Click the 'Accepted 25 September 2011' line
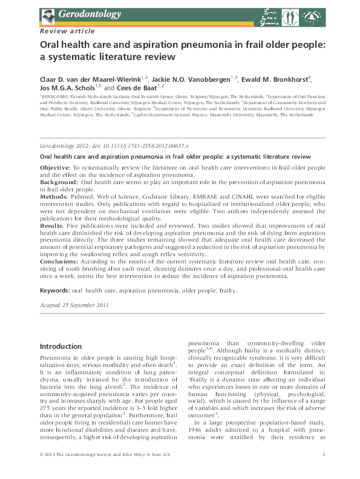point(74,305)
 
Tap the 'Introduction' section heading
point(65,346)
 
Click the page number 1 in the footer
point(325,471)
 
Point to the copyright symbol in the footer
point(42,471)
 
